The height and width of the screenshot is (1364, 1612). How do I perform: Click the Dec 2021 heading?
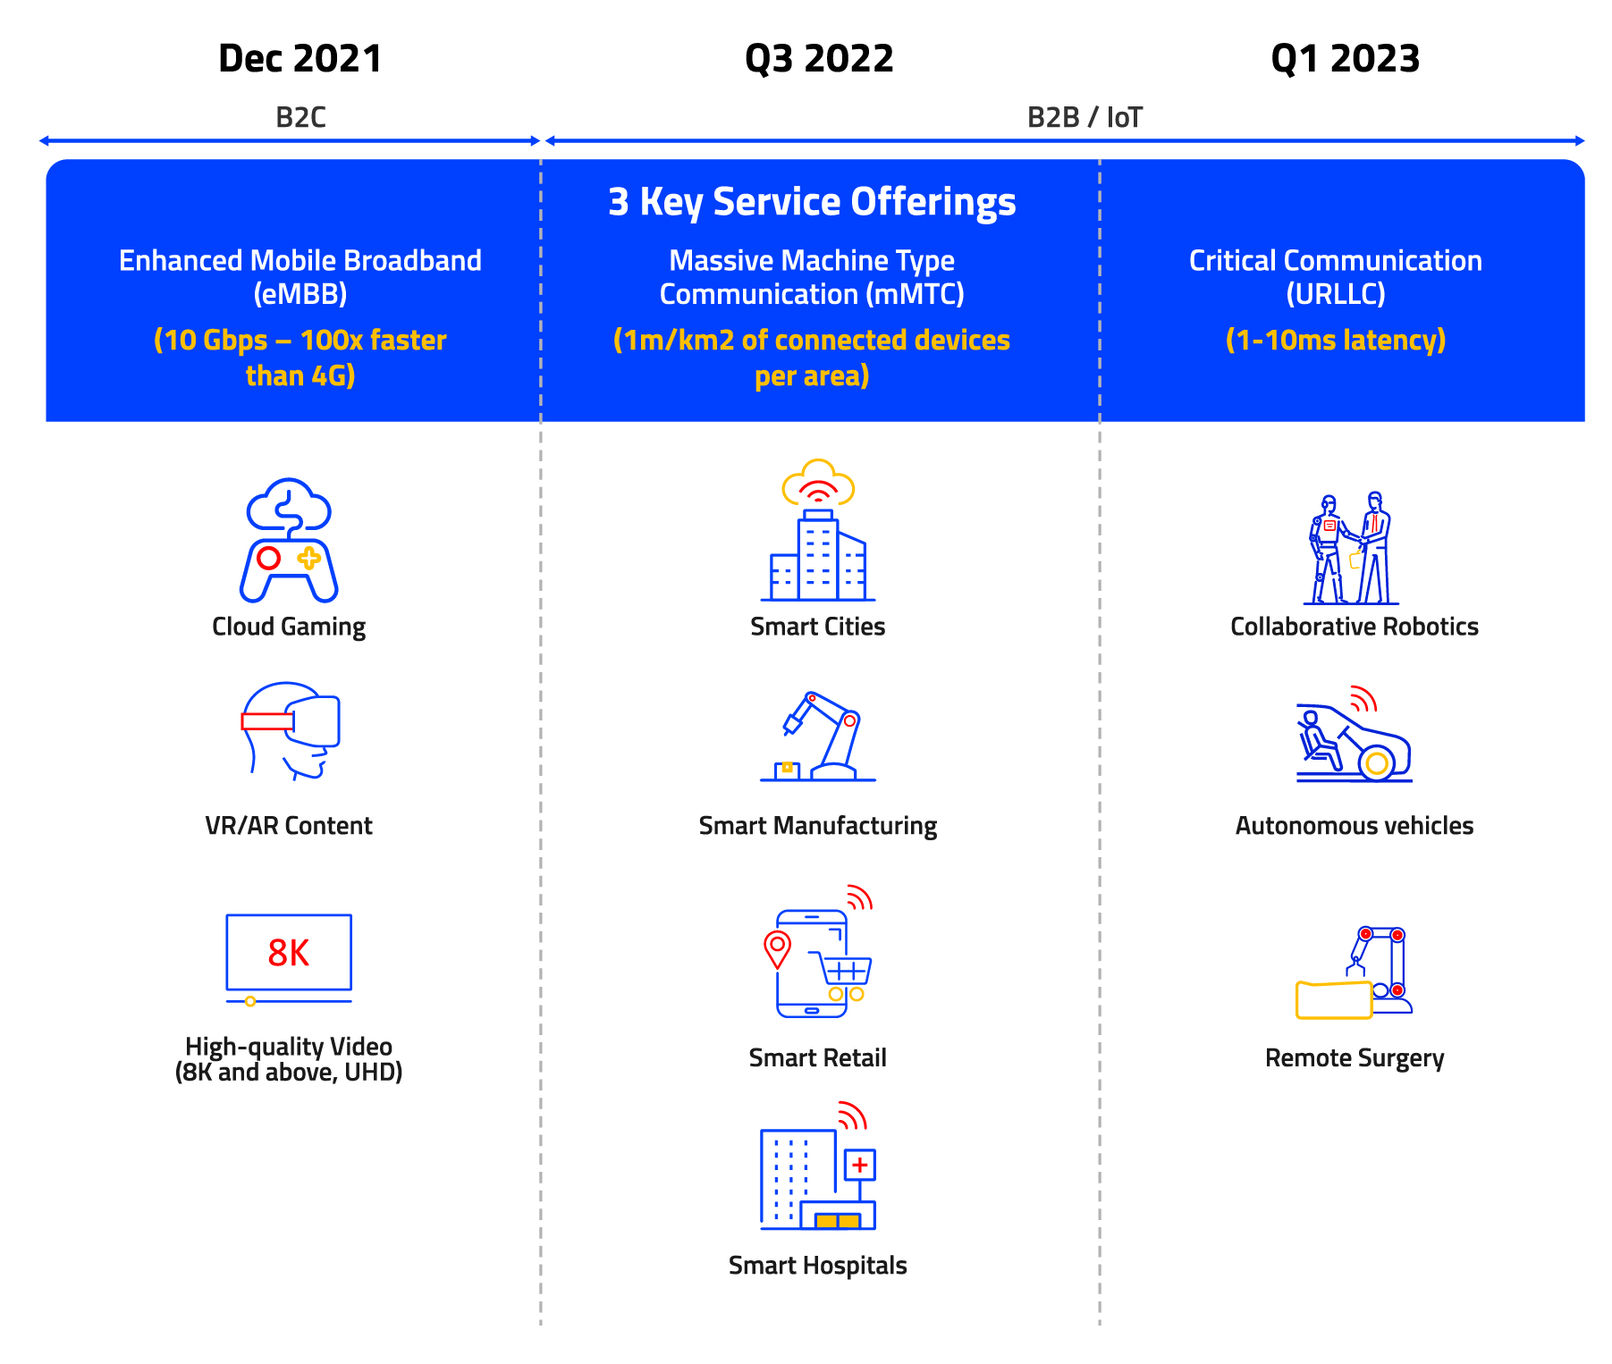pyautogui.click(x=300, y=59)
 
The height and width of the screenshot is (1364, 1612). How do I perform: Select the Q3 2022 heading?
pyautogui.click(x=819, y=60)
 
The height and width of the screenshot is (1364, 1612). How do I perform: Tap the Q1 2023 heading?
pyautogui.click(x=1346, y=60)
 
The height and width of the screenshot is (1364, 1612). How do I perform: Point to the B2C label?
pyautogui.click(x=300, y=117)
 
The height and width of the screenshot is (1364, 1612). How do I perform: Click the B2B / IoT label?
pyautogui.click(x=1085, y=117)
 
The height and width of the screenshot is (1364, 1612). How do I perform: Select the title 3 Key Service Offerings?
pyautogui.click(x=812, y=202)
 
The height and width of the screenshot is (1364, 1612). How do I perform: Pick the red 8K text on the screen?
pyautogui.click(x=289, y=953)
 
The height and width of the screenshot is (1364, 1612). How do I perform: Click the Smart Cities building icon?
pyautogui.click(x=818, y=530)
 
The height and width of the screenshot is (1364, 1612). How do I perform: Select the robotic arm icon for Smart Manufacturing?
pyautogui.click(x=818, y=737)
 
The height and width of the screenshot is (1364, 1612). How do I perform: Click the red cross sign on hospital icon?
pyautogui.click(x=860, y=1165)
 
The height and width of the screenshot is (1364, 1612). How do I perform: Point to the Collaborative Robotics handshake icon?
pyautogui.click(x=1352, y=548)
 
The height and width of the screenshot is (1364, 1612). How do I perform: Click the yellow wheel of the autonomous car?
pyautogui.click(x=1378, y=763)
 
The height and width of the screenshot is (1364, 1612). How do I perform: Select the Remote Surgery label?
pyautogui.click(x=1355, y=1058)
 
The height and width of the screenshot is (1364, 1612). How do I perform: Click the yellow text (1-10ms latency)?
pyautogui.click(x=1336, y=341)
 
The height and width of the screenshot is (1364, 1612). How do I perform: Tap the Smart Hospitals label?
pyautogui.click(x=818, y=1266)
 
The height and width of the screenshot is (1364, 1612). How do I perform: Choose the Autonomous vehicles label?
pyautogui.click(x=1355, y=826)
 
